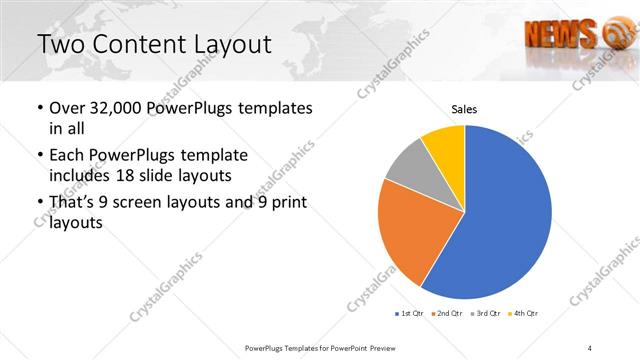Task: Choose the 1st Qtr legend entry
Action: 411,314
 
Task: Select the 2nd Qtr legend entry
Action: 447,314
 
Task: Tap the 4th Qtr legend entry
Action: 523,314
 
